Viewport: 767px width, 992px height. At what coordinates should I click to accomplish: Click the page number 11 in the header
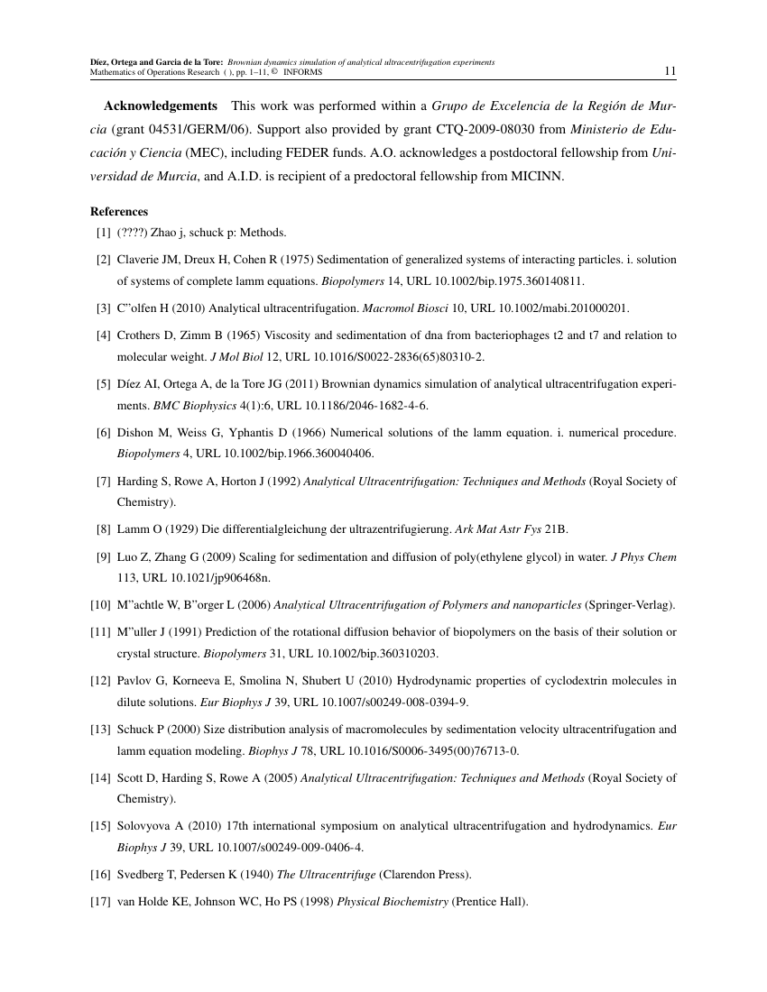[670, 71]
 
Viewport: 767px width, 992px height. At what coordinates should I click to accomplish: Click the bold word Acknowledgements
[161, 106]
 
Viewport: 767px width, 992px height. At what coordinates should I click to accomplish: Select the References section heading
[119, 212]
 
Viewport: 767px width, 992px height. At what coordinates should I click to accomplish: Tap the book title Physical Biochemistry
[393, 899]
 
